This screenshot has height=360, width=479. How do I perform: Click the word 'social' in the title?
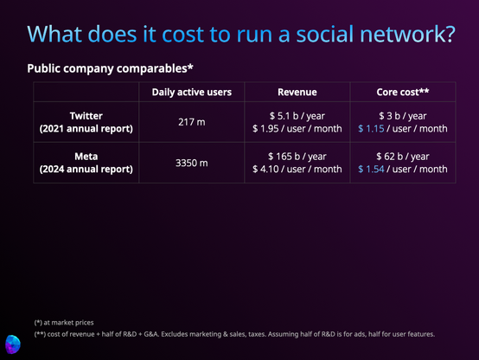point(325,34)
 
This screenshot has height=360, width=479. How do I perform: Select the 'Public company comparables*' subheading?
point(111,68)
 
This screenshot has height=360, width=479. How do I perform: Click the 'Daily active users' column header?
point(192,92)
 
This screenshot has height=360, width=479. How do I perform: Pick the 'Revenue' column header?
point(297,92)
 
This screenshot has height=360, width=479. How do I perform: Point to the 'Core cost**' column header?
point(403,92)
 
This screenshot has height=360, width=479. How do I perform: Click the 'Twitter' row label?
point(86,116)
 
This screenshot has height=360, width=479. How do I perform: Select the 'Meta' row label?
point(86,157)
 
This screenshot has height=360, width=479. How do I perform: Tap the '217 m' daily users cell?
point(192,122)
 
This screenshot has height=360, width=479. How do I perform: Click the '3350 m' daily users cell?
point(192,163)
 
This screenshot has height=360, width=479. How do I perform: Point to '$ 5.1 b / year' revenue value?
point(297,116)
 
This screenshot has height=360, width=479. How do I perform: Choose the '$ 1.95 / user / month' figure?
point(297,128)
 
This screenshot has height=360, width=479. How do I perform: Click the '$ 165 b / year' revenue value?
point(297,157)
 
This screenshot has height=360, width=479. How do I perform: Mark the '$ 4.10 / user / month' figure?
point(297,169)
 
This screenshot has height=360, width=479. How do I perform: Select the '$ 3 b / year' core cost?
point(403,116)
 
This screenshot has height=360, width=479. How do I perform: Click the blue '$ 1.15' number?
point(371,128)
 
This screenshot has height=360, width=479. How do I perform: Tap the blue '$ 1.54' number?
point(371,169)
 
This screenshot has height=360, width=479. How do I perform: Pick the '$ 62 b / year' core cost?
point(403,157)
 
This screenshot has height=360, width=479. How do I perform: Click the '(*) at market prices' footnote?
point(64,323)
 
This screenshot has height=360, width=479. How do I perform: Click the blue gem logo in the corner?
point(13,344)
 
